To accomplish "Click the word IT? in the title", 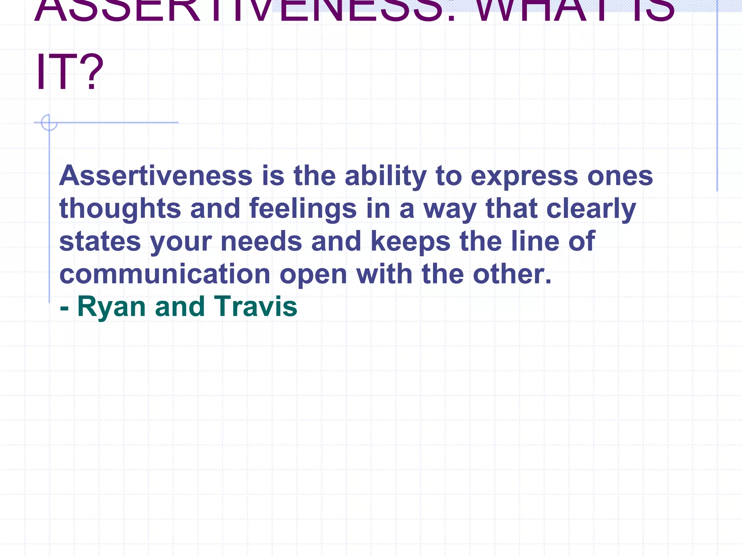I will click(70, 72).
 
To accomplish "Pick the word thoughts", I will click(120, 209).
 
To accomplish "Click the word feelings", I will click(303, 209).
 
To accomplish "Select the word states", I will click(100, 241).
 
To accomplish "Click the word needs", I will click(261, 241).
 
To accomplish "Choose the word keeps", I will click(410, 242).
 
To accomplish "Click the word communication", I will click(164, 274).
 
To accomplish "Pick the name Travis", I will click(255, 307).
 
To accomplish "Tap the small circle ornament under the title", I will click(49, 122).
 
